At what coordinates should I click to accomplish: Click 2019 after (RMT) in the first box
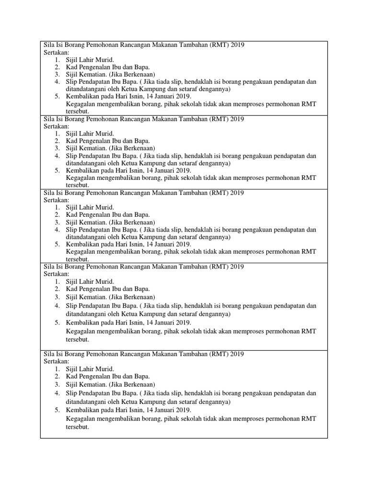point(237,45)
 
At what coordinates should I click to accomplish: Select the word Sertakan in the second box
point(57,126)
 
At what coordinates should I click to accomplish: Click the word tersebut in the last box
point(78,426)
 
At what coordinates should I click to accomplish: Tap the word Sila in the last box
point(49,354)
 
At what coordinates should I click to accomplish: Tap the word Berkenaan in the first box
point(139,74)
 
